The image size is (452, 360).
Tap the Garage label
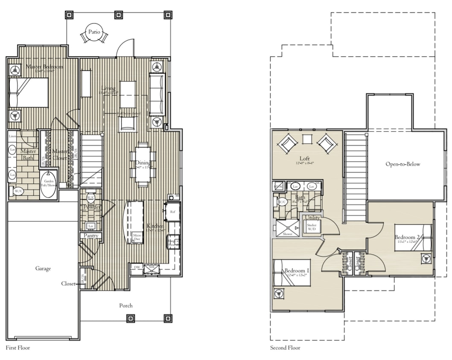click(x=43, y=268)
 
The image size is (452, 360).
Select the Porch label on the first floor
click(x=125, y=305)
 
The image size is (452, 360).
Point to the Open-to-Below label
click(x=402, y=164)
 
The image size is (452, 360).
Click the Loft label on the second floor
click(x=304, y=158)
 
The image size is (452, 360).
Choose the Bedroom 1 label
click(x=295, y=271)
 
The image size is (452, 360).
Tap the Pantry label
click(x=91, y=235)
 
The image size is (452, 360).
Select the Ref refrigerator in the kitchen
click(x=172, y=212)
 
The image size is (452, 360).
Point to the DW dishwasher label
click(x=137, y=267)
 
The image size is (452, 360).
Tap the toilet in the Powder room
click(x=90, y=197)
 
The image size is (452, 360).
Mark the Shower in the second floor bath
click(x=287, y=228)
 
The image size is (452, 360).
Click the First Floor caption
click(x=18, y=348)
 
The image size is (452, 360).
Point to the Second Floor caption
click(x=285, y=348)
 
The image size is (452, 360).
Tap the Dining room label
click(x=143, y=162)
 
